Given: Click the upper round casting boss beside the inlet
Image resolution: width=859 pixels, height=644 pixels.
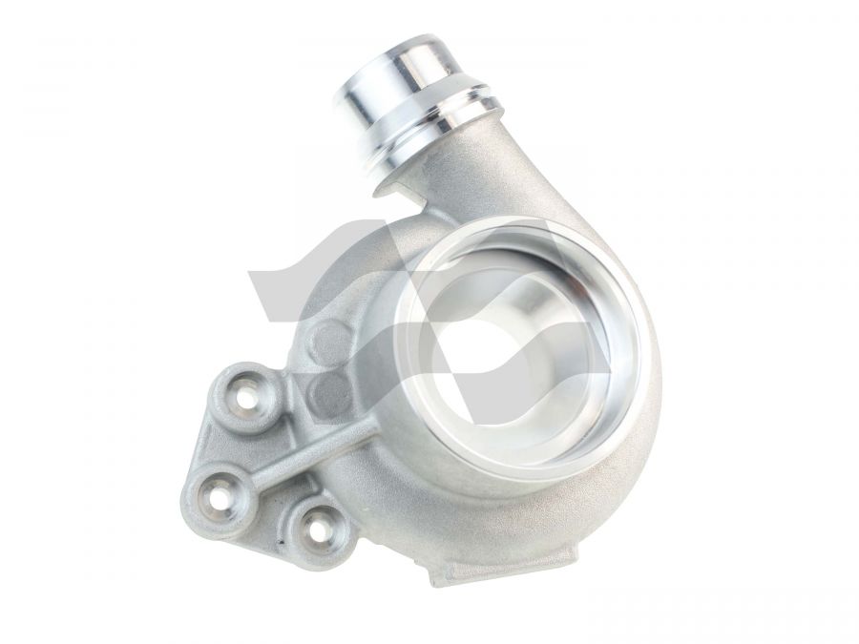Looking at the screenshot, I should [330, 339].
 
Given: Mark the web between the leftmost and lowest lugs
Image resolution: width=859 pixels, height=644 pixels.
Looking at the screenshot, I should [267, 520].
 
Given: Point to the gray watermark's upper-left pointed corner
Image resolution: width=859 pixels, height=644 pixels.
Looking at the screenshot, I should [250, 274].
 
